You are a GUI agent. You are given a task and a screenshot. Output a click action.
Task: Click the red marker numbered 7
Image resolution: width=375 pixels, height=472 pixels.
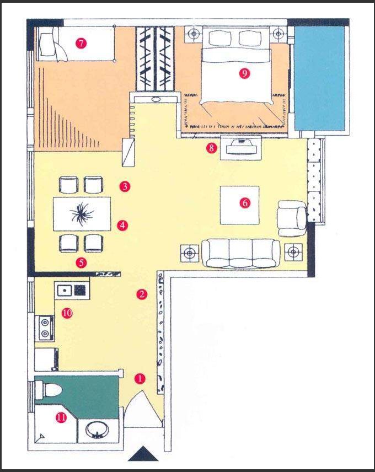pos(81,44)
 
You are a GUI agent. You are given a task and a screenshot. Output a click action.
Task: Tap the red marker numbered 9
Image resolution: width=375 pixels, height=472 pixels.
pos(244,73)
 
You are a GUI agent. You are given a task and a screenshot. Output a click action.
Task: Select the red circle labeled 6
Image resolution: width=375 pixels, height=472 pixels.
pos(245,203)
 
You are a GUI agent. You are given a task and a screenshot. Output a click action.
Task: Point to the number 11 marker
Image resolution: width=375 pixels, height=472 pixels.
pos(61,417)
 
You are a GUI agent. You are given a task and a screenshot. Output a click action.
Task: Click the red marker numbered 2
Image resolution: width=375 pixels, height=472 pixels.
pos(142,294)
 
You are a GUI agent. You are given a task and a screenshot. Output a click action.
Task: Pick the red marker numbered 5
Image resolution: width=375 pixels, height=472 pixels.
pos(81,263)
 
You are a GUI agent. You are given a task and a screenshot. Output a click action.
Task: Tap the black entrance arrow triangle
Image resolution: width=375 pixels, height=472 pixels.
pos(143,453)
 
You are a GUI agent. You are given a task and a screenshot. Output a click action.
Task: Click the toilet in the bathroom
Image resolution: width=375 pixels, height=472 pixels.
pos(48,390)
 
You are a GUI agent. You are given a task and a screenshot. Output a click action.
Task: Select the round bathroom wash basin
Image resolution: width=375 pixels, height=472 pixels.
pos(97,430)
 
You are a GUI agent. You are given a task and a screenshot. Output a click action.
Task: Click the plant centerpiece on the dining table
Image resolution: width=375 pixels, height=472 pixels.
pos(82,214)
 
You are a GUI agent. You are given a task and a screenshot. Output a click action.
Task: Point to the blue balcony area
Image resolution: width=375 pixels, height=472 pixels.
pos(319,78)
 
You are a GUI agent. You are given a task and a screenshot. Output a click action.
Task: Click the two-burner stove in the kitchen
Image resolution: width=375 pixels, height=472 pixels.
pos(45,328)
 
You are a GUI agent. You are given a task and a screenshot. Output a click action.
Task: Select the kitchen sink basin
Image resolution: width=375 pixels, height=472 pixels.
pos(64,291)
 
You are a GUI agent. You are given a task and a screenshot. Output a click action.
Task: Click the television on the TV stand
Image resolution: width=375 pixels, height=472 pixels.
pos(241,147)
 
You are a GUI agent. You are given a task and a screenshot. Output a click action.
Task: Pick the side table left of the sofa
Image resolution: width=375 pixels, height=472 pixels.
pos(189,253)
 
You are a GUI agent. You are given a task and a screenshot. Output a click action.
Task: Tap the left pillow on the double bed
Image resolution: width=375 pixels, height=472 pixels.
pos(219,37)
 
